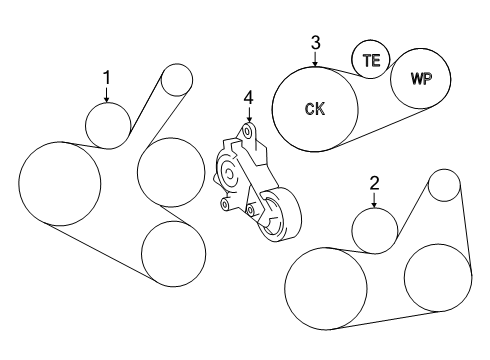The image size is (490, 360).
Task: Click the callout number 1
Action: coord(107,78)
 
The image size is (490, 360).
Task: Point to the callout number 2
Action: coord(374,183)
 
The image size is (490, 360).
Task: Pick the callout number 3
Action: coord(315,43)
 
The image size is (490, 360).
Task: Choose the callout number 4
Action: coord(249,98)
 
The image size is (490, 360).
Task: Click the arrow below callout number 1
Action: coord(107,95)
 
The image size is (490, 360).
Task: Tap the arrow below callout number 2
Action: coord(374,201)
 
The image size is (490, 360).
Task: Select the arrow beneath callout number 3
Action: coord(315,59)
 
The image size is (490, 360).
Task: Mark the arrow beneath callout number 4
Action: coord(249,115)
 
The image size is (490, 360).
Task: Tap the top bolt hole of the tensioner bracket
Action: coord(247,131)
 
